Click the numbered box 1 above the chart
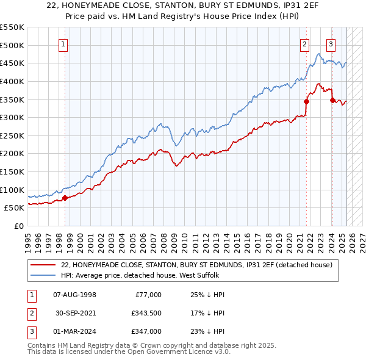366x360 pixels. pos(64,43)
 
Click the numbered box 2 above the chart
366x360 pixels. pos(304,43)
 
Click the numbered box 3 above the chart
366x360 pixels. pos(330,43)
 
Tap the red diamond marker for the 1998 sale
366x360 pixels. pos(65,198)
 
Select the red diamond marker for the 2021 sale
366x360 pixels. pos(306,101)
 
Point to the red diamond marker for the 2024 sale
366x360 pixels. pos(332,100)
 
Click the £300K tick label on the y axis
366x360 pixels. pos(12,117)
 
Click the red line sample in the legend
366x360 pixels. pos(43,265)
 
